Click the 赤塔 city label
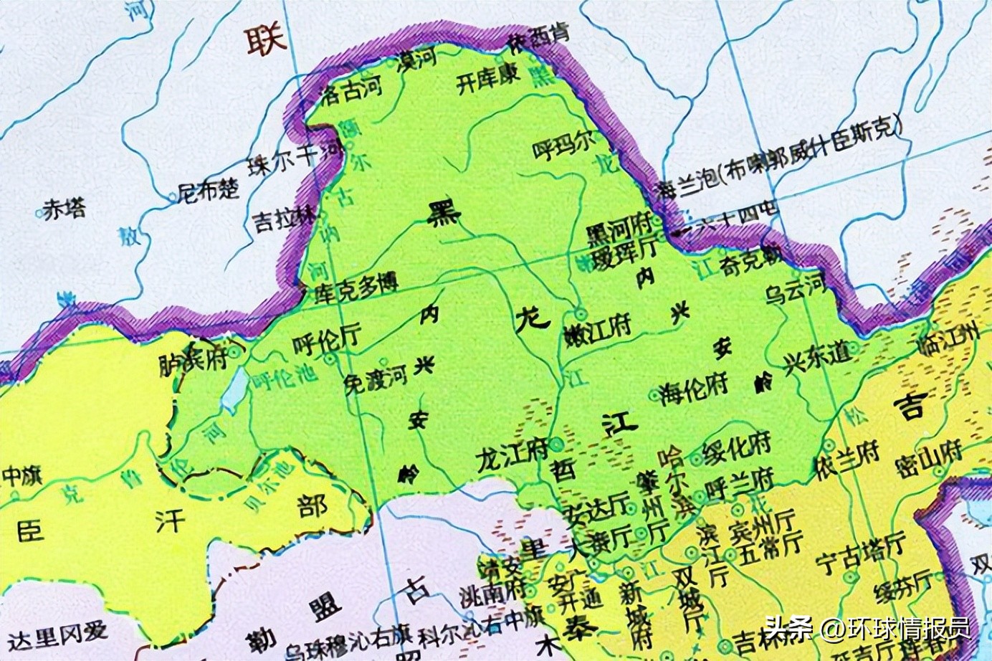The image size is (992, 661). tap(65, 209)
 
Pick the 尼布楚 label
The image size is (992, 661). tap(208, 190)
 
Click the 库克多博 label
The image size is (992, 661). tap(356, 288)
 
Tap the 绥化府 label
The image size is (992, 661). tap(736, 450)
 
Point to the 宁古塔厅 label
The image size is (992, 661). tap(862, 551)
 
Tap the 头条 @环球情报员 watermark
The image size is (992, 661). tap(867, 628)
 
